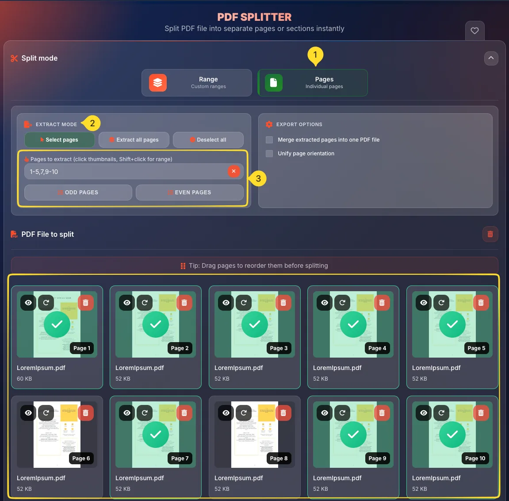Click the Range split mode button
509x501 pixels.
pyautogui.click(x=196, y=83)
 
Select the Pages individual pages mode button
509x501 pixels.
pyautogui.click(x=312, y=83)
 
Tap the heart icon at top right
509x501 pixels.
pyautogui.click(x=475, y=31)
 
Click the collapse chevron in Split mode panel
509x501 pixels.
pyautogui.click(x=491, y=58)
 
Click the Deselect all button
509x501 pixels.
pyautogui.click(x=208, y=140)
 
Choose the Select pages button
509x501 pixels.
pyautogui.click(x=59, y=140)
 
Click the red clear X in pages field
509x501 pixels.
pyautogui.click(x=233, y=171)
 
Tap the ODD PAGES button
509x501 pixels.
pyautogui.click(x=78, y=193)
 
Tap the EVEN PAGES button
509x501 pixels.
pyautogui.click(x=189, y=193)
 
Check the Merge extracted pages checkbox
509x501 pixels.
pyautogui.click(x=269, y=140)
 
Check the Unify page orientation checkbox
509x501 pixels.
pyautogui.click(x=269, y=154)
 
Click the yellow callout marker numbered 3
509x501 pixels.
pyautogui.click(x=258, y=179)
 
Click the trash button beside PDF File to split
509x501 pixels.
pyautogui.click(x=490, y=234)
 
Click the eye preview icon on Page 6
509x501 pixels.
pyautogui.click(x=28, y=413)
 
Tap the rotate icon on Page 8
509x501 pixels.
pyautogui.click(x=244, y=413)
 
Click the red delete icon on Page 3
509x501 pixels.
pyautogui.click(x=283, y=303)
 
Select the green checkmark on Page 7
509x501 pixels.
pyautogui.click(x=156, y=435)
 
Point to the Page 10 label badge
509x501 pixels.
pyautogui.click(x=475, y=459)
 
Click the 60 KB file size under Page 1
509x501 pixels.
pyautogui.click(x=24, y=379)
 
